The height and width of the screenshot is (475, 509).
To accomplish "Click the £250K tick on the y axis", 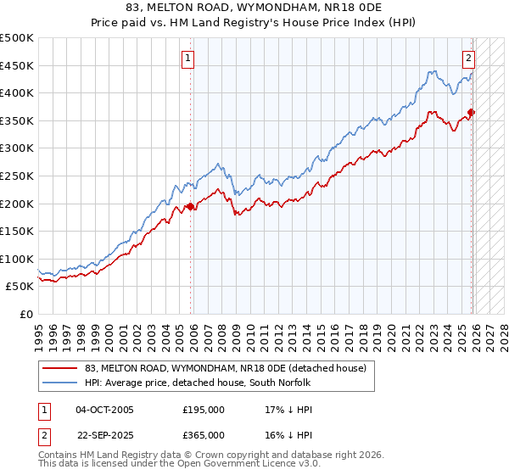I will coord(17,176).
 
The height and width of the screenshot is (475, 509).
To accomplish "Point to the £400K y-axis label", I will coord(17,92).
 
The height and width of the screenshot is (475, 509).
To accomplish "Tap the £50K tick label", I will coord(20,287).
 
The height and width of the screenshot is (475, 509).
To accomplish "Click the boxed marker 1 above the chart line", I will coord(187,59).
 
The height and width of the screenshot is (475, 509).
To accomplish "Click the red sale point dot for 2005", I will coord(191,206).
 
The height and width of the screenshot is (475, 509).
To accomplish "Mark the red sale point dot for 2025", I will coord(472,112).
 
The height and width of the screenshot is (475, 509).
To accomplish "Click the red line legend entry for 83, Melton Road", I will coord(225,368).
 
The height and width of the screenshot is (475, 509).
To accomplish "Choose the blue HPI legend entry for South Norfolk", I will coord(199,383).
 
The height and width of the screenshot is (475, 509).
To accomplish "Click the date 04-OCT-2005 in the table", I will coord(104,410).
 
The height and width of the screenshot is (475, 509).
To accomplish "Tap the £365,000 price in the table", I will coord(204,435).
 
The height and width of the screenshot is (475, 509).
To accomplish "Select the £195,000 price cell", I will coord(204,410).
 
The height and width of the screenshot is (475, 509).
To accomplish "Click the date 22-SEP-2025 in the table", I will coord(104,435).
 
